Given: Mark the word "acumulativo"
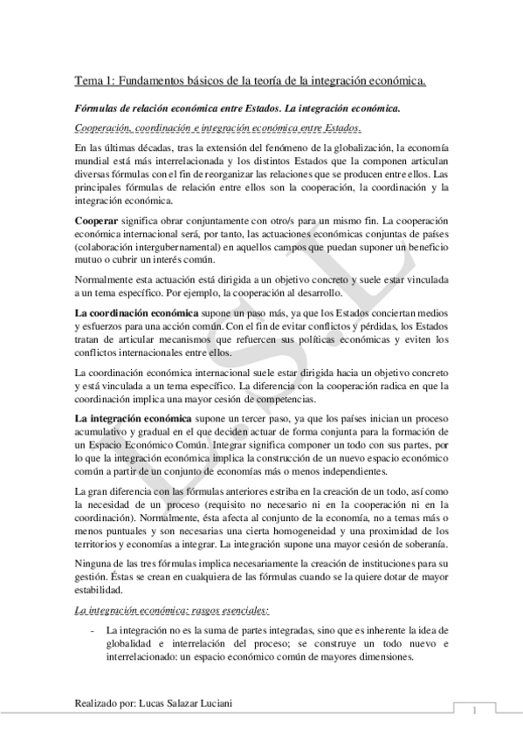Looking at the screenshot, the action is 101,433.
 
